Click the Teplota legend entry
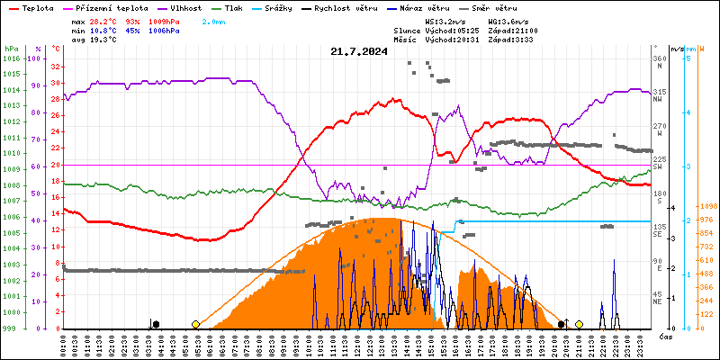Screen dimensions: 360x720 (x=37, y=7)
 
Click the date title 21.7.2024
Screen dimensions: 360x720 (x=359, y=51)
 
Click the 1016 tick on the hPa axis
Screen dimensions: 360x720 (x=11, y=58)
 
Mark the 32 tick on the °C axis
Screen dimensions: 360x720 (x=56, y=67)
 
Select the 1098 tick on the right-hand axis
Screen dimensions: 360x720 (x=707, y=205)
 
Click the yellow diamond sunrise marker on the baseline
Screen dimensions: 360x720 (x=195, y=324)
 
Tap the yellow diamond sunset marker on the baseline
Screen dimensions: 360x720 (x=579, y=324)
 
